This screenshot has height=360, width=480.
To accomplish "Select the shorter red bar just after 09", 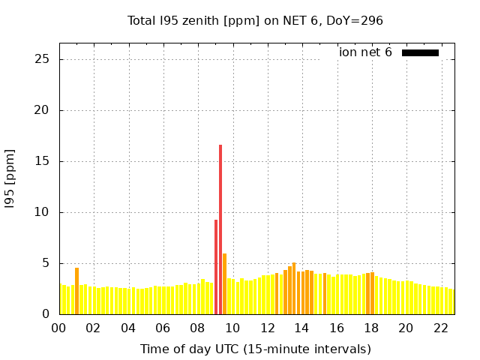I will (x=216, y=266).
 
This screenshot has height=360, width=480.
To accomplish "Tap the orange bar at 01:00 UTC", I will (x=76, y=291).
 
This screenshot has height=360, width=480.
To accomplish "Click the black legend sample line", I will (x=420, y=52).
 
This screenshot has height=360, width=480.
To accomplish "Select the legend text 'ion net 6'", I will (x=365, y=52).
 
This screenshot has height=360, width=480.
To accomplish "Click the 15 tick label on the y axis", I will (x=43, y=161).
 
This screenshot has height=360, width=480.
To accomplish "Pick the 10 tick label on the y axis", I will (x=43, y=212).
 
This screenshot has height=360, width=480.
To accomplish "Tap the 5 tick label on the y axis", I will (x=46, y=263).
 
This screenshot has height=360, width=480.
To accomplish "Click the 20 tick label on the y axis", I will (x=43, y=110).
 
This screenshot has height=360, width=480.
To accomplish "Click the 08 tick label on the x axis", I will (x=197, y=328).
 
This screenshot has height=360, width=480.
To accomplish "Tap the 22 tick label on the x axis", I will (x=440, y=328).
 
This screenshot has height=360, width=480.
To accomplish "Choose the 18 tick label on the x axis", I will (x=370, y=328).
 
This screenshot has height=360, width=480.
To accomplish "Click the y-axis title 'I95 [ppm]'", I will (x=10, y=184).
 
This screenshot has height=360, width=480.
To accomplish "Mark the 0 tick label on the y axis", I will (x=46, y=314).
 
